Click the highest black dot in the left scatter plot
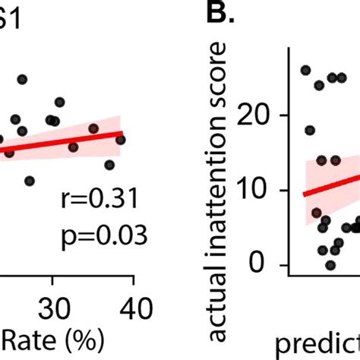(x=22, y=80)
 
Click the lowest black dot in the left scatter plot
(x=30, y=181)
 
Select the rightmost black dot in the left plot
(x=120, y=140)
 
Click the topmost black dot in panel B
(x=306, y=70)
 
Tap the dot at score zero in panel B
(x=330, y=264)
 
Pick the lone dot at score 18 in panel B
(x=310, y=131)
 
